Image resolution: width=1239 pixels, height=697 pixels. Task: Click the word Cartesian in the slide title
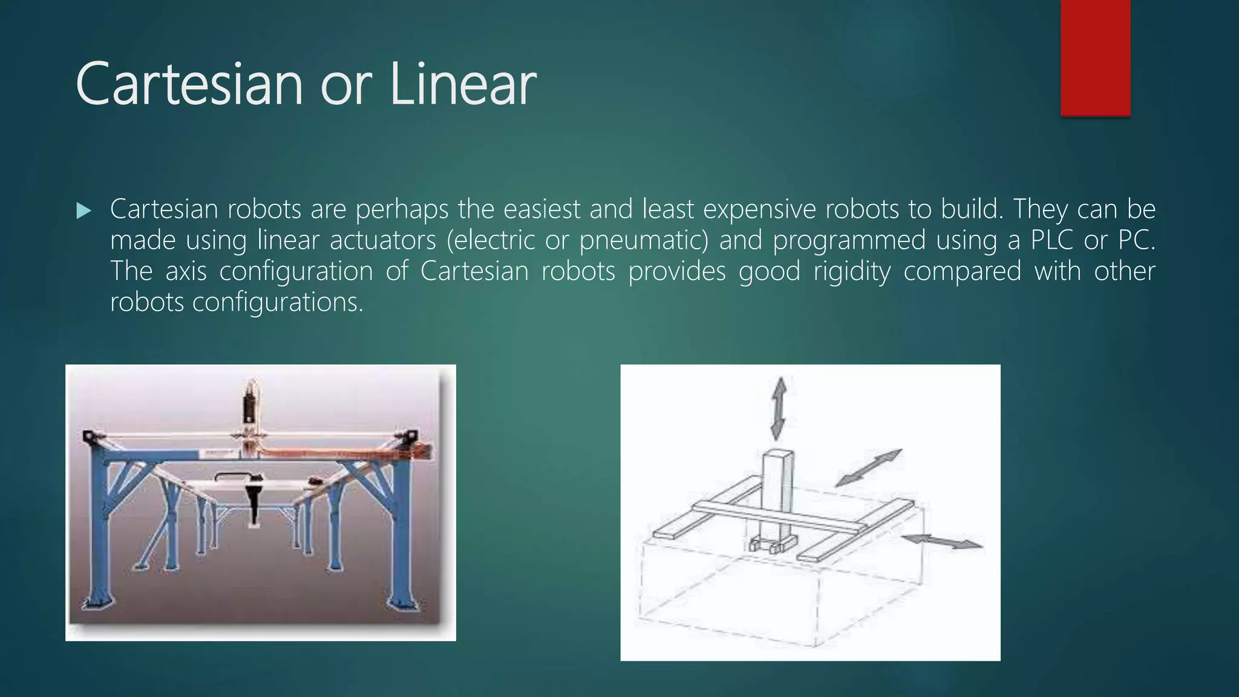[189, 84]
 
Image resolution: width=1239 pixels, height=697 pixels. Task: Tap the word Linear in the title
[463, 84]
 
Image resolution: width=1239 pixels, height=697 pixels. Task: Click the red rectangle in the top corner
[1095, 57]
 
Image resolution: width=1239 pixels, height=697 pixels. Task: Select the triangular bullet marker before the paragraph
[83, 211]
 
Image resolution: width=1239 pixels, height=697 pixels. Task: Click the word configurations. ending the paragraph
[278, 302]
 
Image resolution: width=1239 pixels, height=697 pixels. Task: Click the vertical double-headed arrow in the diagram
[779, 408]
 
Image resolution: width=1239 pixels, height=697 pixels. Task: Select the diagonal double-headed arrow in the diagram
[869, 468]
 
